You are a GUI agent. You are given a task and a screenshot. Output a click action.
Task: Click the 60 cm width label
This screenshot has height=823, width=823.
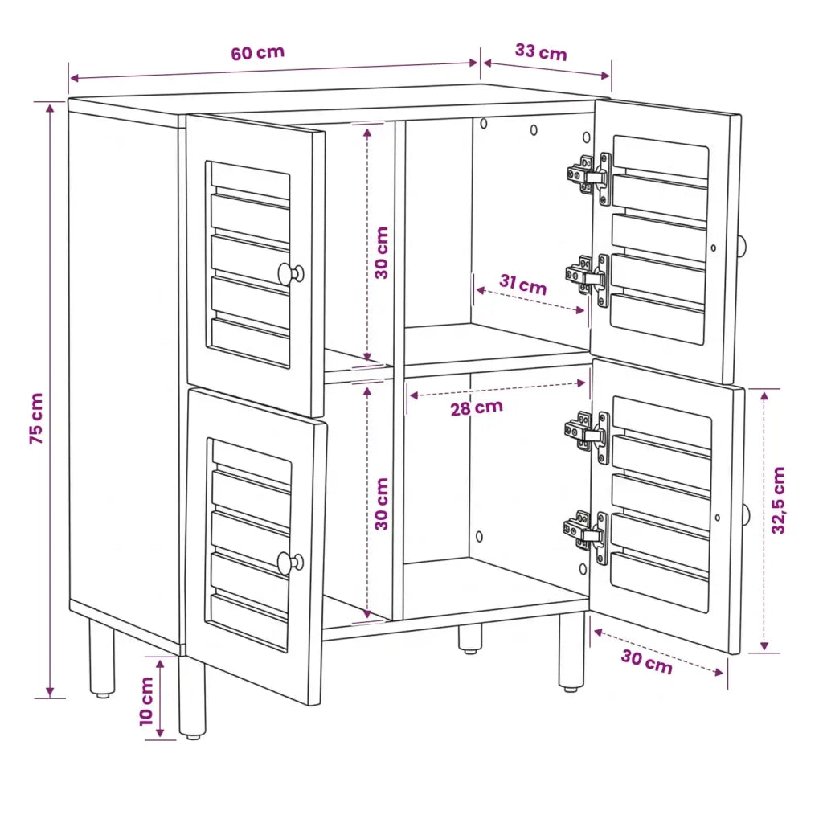[258, 53]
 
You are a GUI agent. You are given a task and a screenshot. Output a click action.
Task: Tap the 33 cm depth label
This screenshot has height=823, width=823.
[541, 52]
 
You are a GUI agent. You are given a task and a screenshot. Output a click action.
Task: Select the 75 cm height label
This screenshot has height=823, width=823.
[35, 418]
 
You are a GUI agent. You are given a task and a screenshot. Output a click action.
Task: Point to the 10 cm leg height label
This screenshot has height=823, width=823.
[146, 701]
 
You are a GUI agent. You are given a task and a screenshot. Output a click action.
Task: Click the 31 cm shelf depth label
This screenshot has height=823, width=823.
[522, 284]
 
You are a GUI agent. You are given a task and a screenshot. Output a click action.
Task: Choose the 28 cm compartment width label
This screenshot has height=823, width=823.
[477, 407]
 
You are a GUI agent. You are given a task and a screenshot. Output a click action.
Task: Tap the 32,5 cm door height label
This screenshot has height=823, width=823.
[778, 500]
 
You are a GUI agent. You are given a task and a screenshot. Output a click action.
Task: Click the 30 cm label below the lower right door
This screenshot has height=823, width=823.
[647, 661]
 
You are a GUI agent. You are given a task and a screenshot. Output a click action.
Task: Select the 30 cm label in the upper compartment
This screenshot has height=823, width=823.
[382, 252]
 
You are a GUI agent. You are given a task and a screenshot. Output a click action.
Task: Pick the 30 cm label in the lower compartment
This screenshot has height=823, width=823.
[382, 503]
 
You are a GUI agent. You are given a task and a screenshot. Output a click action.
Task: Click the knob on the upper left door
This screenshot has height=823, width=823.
[291, 274]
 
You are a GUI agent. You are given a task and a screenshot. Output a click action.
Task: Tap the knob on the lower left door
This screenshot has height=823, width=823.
[290, 563]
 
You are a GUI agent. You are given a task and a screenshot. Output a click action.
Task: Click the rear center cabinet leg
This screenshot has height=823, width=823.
[470, 639]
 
